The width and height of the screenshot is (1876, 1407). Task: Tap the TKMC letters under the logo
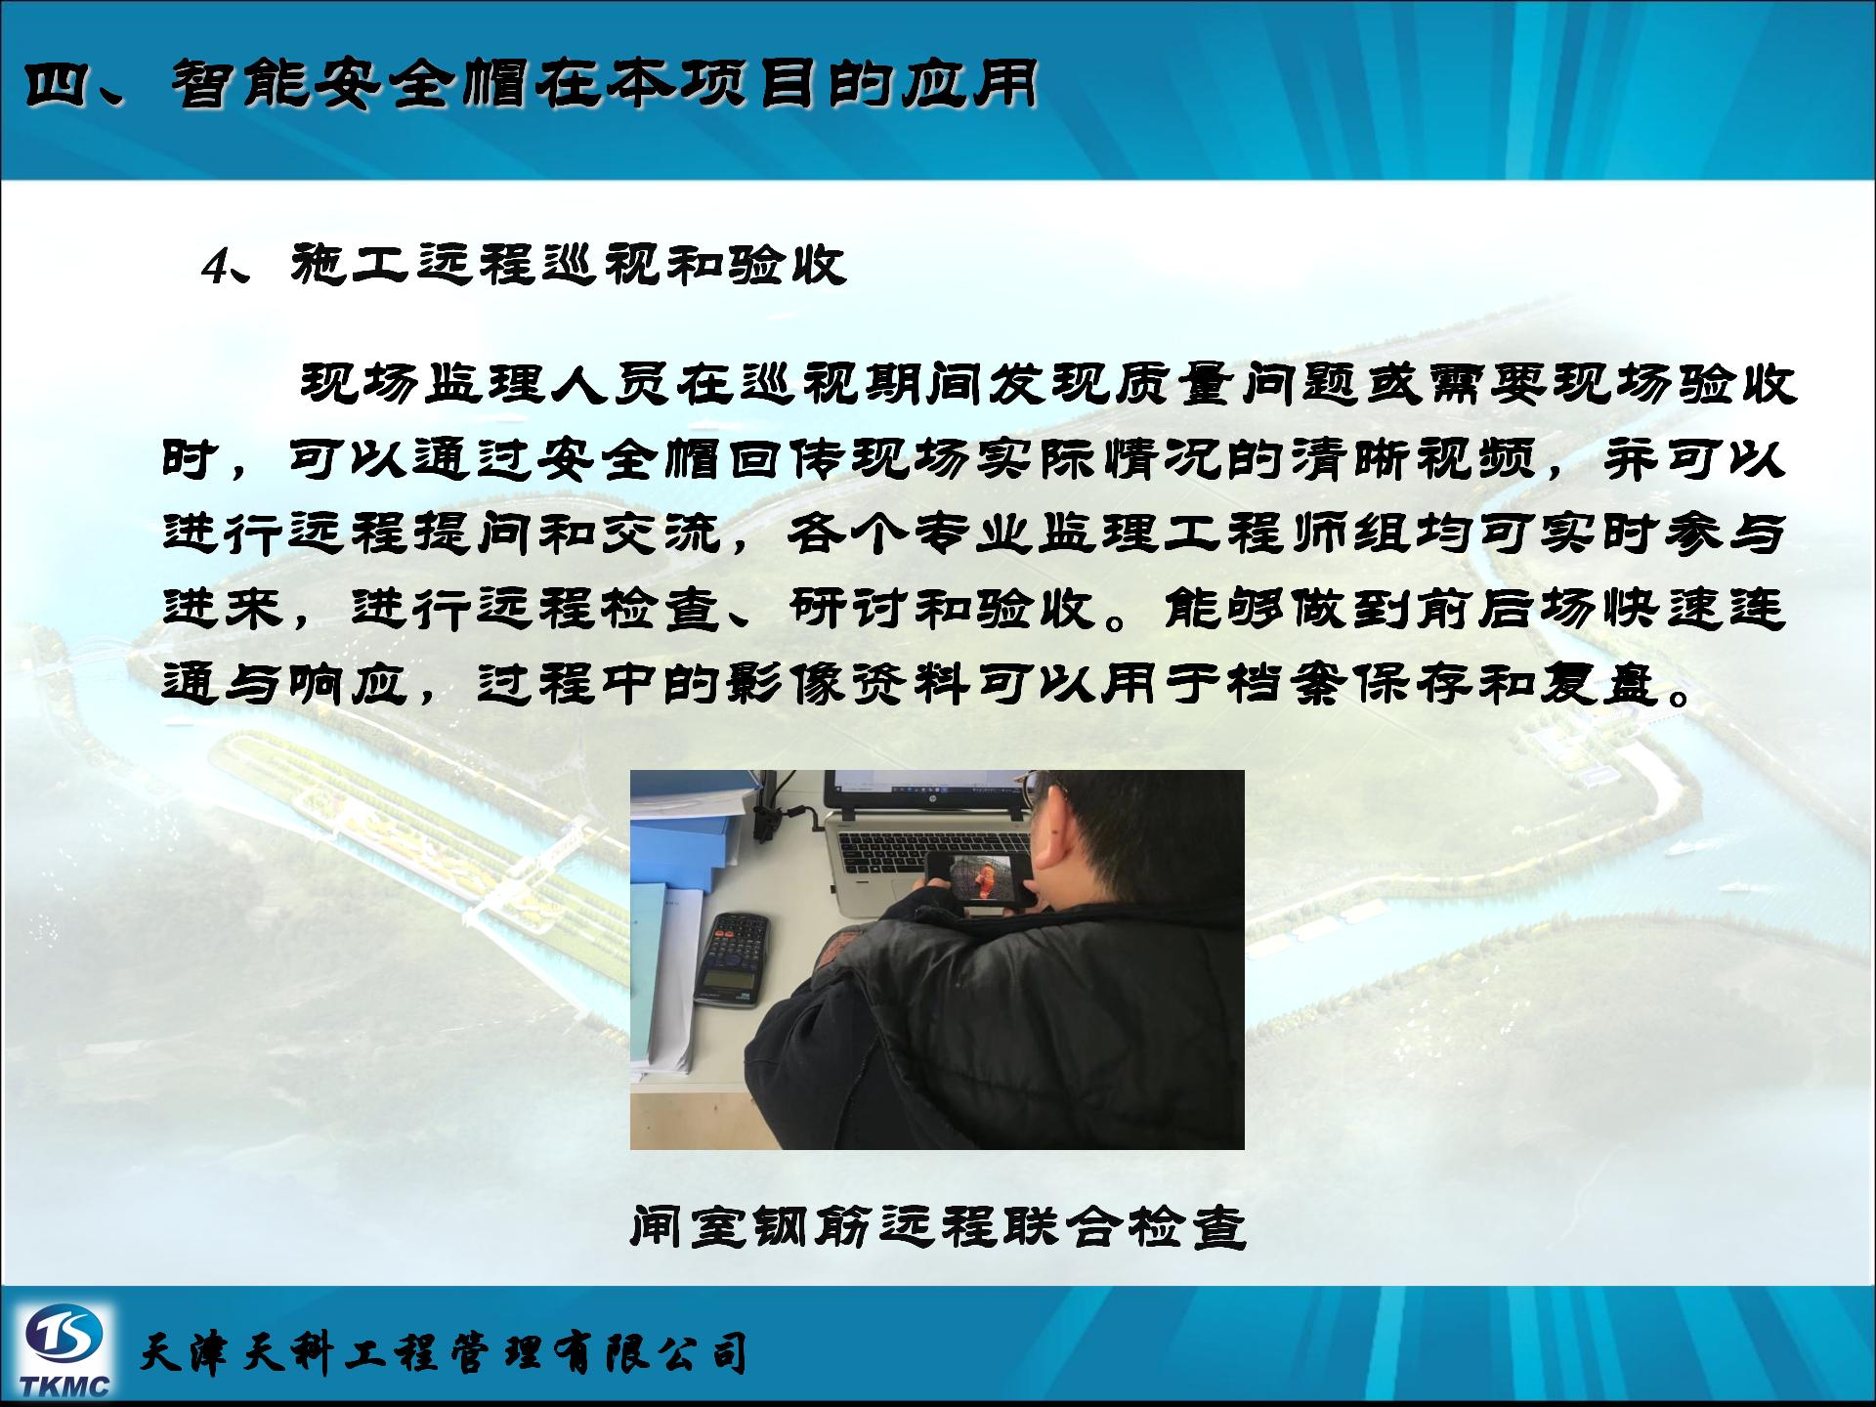coord(64,1386)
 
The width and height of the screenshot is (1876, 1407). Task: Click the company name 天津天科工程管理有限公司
coord(445,1353)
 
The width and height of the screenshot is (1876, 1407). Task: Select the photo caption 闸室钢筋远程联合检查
coord(938,1227)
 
